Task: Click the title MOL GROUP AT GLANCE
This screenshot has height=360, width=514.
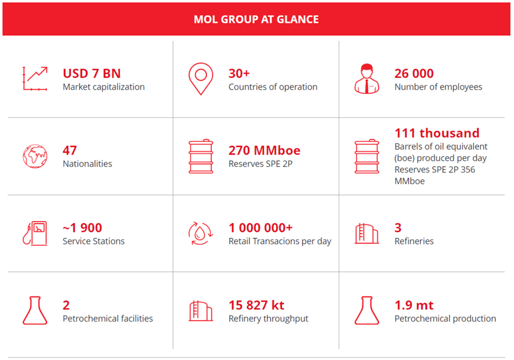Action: [256, 20]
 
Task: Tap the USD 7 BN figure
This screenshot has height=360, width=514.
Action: [92, 73]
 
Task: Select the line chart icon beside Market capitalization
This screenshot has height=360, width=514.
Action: [35, 79]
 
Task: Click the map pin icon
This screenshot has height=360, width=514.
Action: [200, 79]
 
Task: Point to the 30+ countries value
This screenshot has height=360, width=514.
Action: [239, 73]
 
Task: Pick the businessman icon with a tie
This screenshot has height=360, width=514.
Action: [367, 79]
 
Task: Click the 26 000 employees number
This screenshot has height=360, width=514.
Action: [414, 73]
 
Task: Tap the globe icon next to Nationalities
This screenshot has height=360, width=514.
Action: [35, 156]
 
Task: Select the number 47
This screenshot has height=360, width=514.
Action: [69, 150]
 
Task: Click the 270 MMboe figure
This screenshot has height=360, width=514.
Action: [264, 150]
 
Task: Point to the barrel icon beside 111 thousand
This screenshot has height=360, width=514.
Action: [367, 156]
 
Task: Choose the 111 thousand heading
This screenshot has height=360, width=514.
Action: [437, 133]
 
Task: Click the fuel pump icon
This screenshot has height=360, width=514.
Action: [35, 233]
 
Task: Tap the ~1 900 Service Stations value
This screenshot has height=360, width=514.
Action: [82, 228]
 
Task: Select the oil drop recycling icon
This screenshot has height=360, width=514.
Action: [200, 233]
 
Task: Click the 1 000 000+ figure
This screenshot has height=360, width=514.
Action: [261, 228]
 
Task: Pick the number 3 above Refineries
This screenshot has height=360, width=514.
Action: [398, 228]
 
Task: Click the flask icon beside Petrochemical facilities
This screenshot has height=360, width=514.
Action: [35, 311]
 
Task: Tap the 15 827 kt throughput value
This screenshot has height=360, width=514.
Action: [256, 305]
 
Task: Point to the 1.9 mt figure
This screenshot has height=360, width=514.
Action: [414, 305]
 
